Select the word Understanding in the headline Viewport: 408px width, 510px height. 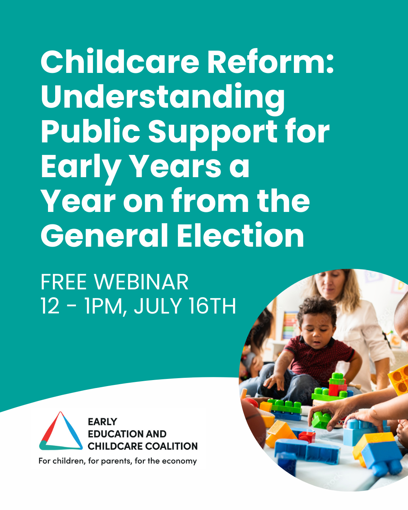(x=163, y=97)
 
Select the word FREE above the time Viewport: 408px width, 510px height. (x=64, y=282)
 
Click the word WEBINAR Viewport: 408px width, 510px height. (x=141, y=282)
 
